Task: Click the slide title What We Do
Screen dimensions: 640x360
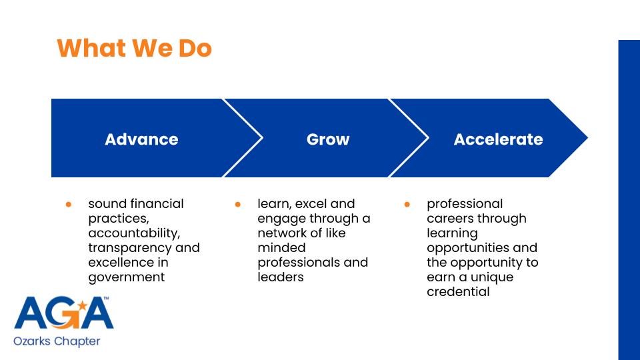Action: tap(134, 48)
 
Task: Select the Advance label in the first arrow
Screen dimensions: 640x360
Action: tap(141, 139)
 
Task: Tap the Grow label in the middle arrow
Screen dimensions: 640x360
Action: tap(328, 139)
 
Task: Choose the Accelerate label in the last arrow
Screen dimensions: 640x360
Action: tap(499, 139)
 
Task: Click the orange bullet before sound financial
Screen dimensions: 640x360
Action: tap(69, 204)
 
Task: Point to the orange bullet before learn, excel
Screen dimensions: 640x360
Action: tap(237, 204)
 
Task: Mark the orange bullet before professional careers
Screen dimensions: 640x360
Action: tap(407, 204)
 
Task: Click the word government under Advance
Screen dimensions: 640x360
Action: tap(127, 277)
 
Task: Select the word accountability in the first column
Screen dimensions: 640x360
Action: tap(133, 233)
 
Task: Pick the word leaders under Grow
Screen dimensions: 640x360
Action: tap(281, 277)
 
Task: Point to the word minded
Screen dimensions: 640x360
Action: tap(281, 248)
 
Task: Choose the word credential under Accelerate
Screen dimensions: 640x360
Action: tap(458, 292)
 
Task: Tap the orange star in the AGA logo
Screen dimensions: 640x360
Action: tap(83, 305)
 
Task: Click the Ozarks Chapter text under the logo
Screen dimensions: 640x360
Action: tap(57, 341)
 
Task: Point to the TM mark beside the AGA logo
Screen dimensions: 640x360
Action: tap(106, 299)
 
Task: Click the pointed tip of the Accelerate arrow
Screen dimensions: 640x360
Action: tap(587, 138)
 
